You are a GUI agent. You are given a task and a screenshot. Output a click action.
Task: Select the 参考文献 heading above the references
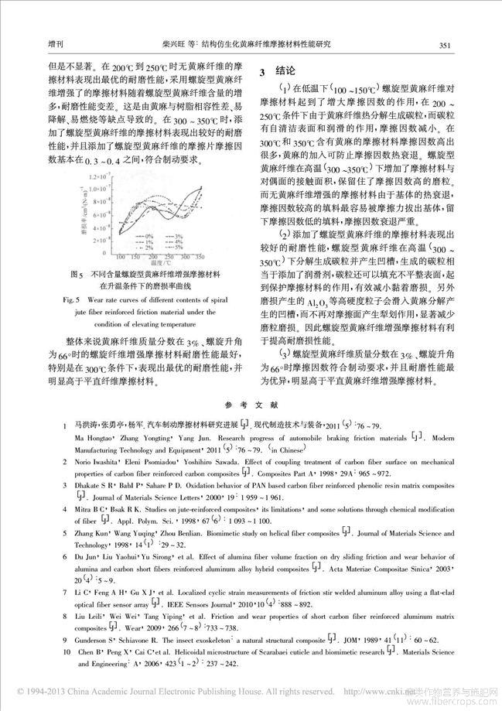tap(251, 405)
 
